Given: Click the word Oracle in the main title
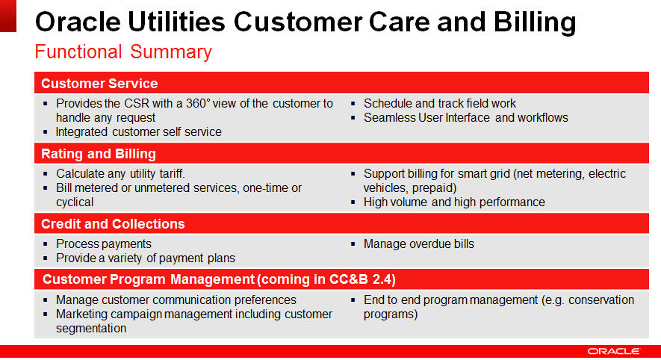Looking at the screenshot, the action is [x=78, y=22].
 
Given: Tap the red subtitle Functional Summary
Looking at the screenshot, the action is [x=123, y=52].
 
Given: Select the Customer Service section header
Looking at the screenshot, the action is [x=99, y=84].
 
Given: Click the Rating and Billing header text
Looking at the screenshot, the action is [x=99, y=154].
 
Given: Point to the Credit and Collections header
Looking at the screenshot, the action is [x=113, y=224].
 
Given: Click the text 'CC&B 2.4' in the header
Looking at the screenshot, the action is [x=362, y=279].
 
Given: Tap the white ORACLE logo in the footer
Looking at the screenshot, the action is [x=614, y=351].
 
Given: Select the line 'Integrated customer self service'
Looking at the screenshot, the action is [x=139, y=132].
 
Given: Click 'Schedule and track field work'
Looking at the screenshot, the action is [x=440, y=103].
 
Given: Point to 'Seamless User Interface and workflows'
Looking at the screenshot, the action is [x=466, y=117].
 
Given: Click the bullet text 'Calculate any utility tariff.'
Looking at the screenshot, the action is [x=120, y=174].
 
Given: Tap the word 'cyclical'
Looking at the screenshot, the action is [x=75, y=202].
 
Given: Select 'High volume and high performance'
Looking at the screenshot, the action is [x=454, y=202].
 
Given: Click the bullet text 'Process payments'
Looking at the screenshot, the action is [x=104, y=244].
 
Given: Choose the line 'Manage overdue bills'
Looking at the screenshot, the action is [x=418, y=244].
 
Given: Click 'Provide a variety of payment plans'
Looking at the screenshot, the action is [x=146, y=258].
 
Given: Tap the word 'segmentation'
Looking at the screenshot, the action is [x=91, y=329].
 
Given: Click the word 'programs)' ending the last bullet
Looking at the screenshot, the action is [x=391, y=314].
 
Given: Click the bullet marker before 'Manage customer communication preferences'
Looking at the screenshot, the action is [x=46, y=300].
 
